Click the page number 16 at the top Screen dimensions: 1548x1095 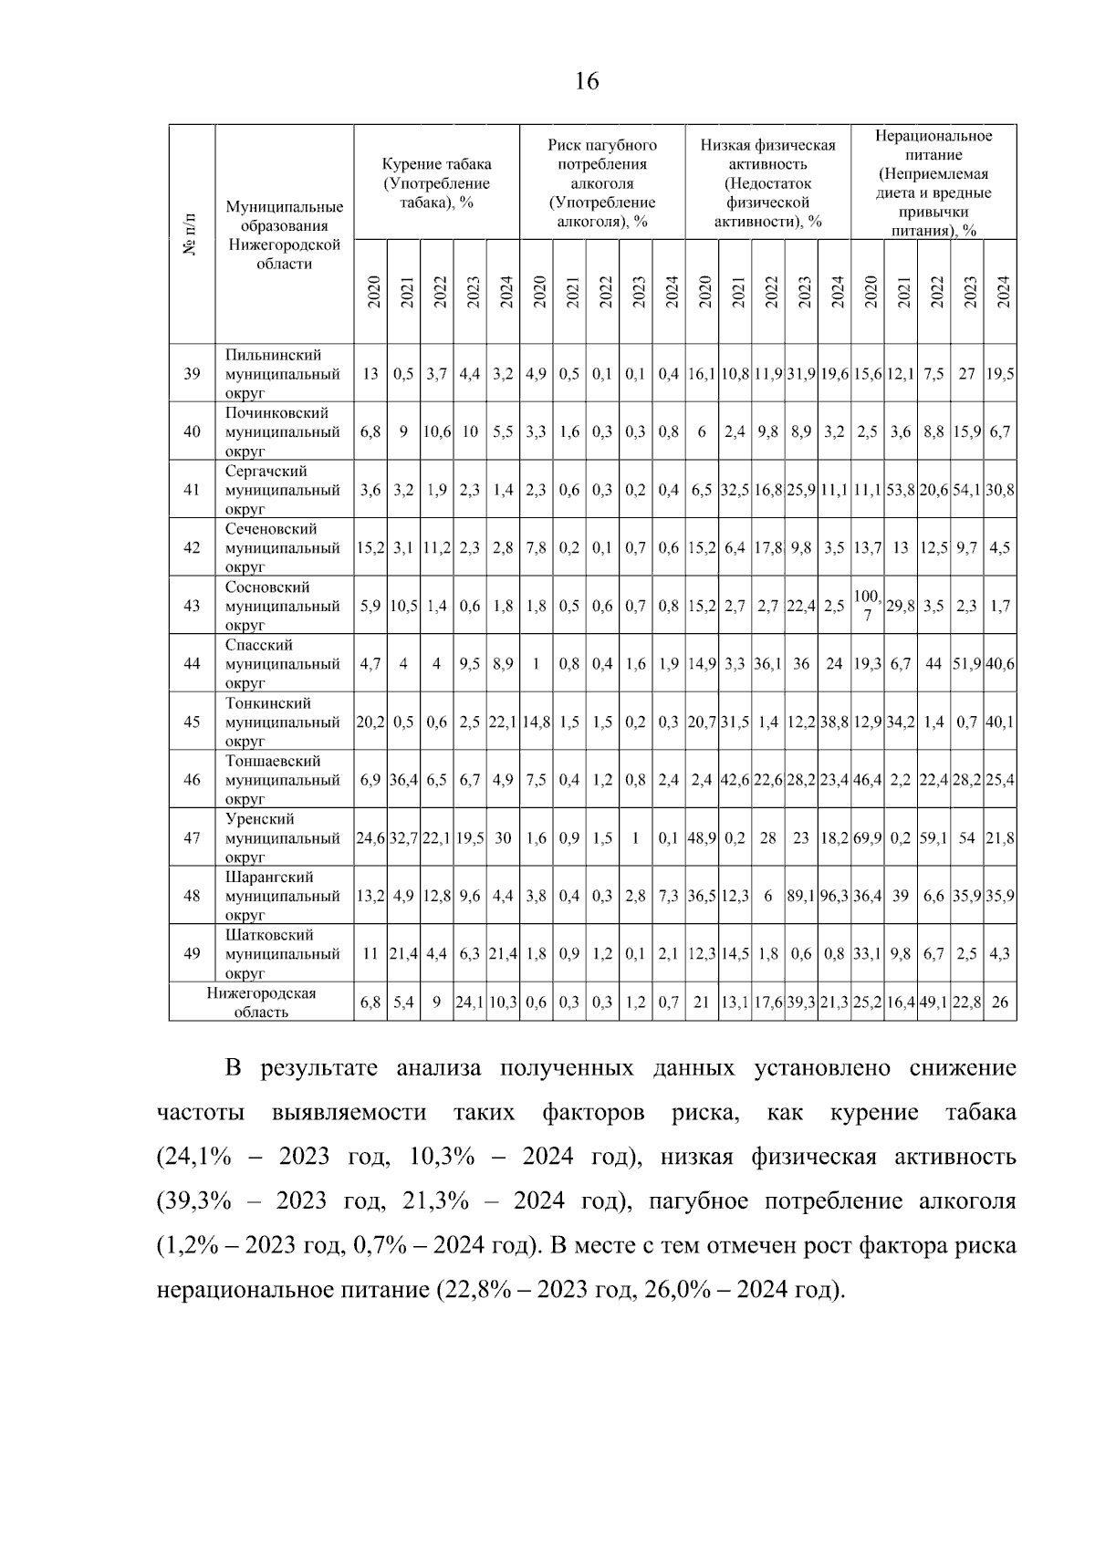click(x=587, y=82)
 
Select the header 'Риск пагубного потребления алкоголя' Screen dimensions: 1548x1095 click(x=602, y=182)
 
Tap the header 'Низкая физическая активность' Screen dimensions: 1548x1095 click(x=767, y=182)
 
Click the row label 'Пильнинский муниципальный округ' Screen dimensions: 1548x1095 click(x=282, y=374)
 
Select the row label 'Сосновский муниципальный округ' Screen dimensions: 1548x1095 click(x=282, y=606)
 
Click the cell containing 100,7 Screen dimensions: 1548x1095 click(x=867, y=606)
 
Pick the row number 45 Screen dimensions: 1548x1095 click(x=192, y=722)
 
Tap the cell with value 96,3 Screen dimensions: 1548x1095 click(x=834, y=896)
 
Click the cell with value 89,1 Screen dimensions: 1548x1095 click(x=801, y=896)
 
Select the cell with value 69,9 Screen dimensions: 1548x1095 click(x=867, y=837)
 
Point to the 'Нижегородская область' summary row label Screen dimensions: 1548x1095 click(x=261, y=1002)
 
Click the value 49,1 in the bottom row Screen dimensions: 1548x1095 click(x=933, y=1002)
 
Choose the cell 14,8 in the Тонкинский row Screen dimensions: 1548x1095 click(x=536, y=722)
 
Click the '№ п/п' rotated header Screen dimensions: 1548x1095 click(x=192, y=234)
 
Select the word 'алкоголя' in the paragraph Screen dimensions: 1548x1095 click(x=972, y=1201)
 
